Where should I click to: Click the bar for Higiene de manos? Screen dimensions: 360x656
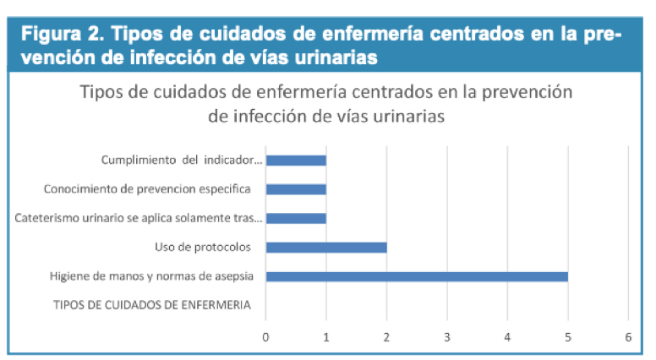(x=417, y=276)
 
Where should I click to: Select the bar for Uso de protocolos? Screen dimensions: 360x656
(x=326, y=247)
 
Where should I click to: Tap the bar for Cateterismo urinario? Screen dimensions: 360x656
(x=296, y=218)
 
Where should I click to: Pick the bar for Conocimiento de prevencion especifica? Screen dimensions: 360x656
(x=296, y=189)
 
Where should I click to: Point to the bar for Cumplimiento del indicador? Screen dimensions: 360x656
(x=296, y=161)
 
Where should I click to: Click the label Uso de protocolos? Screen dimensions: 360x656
(x=210, y=247)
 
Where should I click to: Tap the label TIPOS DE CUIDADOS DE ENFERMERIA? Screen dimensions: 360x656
(x=152, y=305)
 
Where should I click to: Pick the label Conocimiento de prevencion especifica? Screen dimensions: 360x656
(x=153, y=189)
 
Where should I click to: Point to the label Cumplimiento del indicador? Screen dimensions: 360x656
(x=183, y=161)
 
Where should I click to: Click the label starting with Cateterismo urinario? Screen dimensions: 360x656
(x=139, y=218)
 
